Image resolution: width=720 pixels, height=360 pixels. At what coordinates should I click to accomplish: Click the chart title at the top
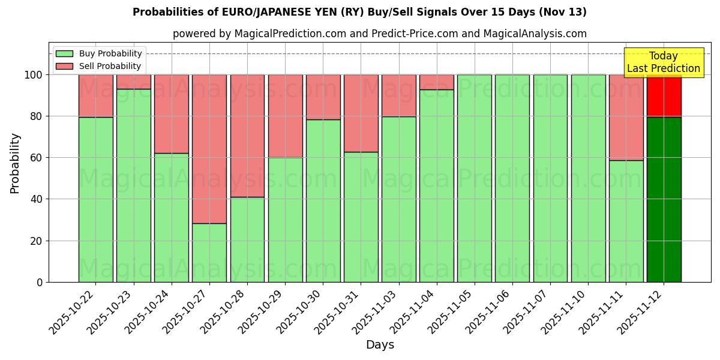359,12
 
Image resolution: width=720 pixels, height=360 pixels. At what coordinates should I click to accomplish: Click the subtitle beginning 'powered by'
379,34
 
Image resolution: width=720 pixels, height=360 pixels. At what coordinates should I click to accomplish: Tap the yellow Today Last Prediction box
663,62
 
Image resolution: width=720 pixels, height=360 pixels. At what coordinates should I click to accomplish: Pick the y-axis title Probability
15,163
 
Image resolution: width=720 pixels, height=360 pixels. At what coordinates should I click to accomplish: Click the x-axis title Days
380,345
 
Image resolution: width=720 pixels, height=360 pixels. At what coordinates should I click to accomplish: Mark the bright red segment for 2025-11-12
664,95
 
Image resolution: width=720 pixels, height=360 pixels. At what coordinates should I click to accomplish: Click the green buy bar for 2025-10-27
209,252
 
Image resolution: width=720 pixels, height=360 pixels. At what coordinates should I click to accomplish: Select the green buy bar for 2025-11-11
626,221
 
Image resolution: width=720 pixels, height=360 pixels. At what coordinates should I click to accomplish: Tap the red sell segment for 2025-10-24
172,113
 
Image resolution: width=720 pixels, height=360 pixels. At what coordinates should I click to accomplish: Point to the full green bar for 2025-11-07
550,178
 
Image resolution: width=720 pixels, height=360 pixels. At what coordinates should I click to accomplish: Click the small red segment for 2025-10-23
134,82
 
